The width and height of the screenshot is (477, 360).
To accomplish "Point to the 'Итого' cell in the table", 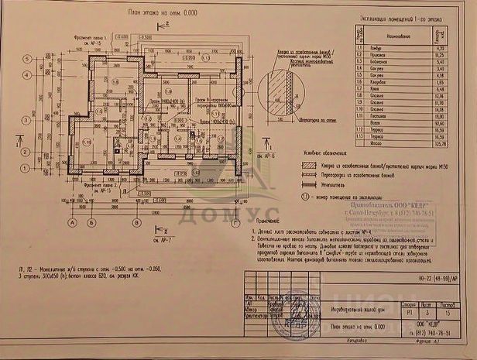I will (x=387, y=142).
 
